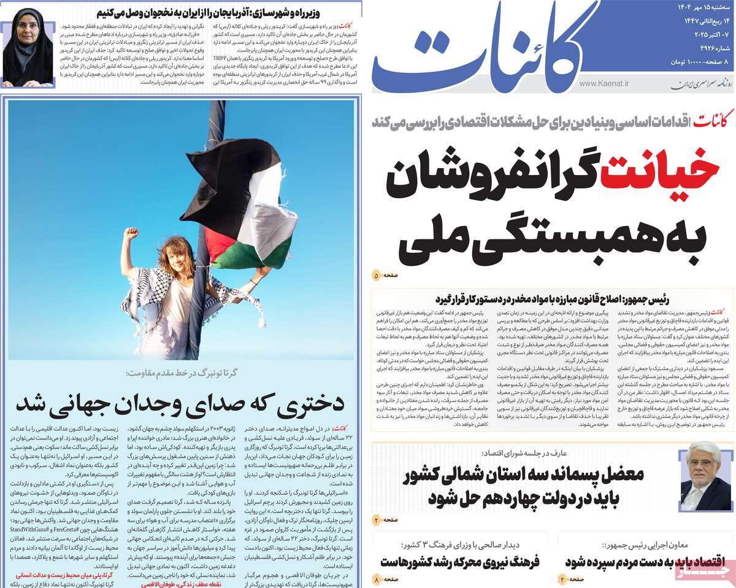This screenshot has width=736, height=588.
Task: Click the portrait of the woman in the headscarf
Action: [x=28, y=47]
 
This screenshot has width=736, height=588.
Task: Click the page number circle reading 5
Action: [x=377, y=276]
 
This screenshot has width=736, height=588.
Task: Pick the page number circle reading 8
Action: [x=377, y=578]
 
